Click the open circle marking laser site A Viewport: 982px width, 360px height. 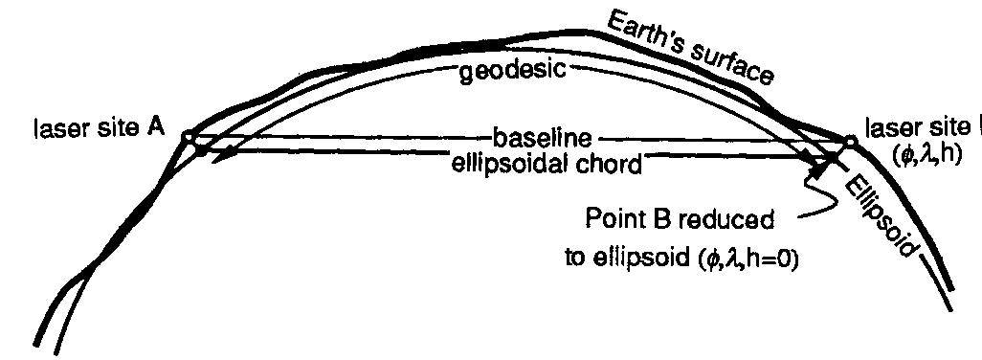[190, 139]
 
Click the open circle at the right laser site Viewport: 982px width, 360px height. [850, 140]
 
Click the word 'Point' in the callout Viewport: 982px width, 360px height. [614, 219]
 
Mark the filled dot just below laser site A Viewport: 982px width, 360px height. [199, 151]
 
